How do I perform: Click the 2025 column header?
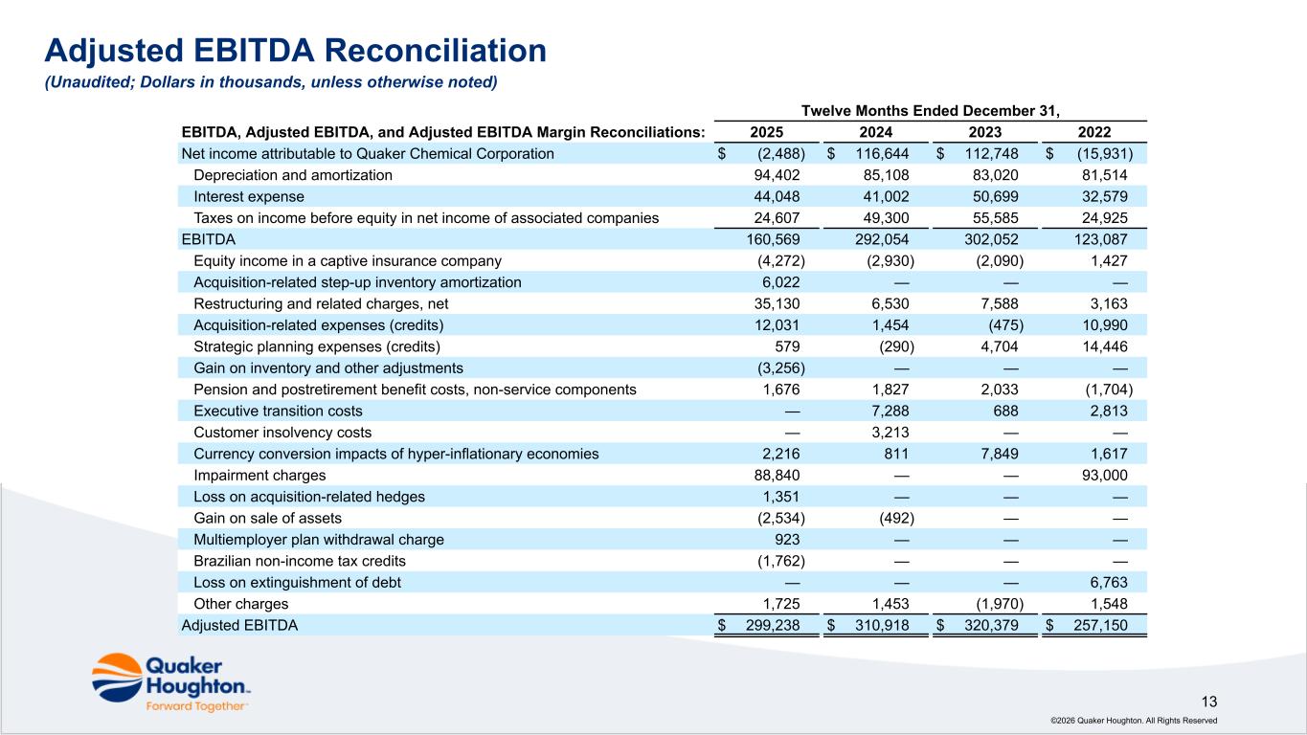pos(766,132)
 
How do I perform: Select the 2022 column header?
pos(1094,132)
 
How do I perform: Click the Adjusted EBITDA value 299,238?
pos(773,625)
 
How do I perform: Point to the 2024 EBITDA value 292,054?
pos(882,240)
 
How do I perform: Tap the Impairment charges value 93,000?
pos(1105,476)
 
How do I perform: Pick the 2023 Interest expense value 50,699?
pos(996,196)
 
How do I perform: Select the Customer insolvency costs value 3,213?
pos(890,433)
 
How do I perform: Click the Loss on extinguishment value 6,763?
pos(1109,582)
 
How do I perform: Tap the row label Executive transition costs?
pos(278,412)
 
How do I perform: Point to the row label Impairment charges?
pos(259,476)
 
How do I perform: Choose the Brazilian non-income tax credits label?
pos(300,561)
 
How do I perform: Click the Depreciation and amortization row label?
pos(293,175)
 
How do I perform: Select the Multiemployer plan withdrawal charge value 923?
pos(787,540)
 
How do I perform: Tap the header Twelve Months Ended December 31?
pos(930,111)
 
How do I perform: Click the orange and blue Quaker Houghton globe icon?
pos(117,678)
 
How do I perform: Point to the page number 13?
pos(1209,702)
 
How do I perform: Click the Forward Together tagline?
pos(195,706)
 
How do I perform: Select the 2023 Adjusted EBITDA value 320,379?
pos(991,625)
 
